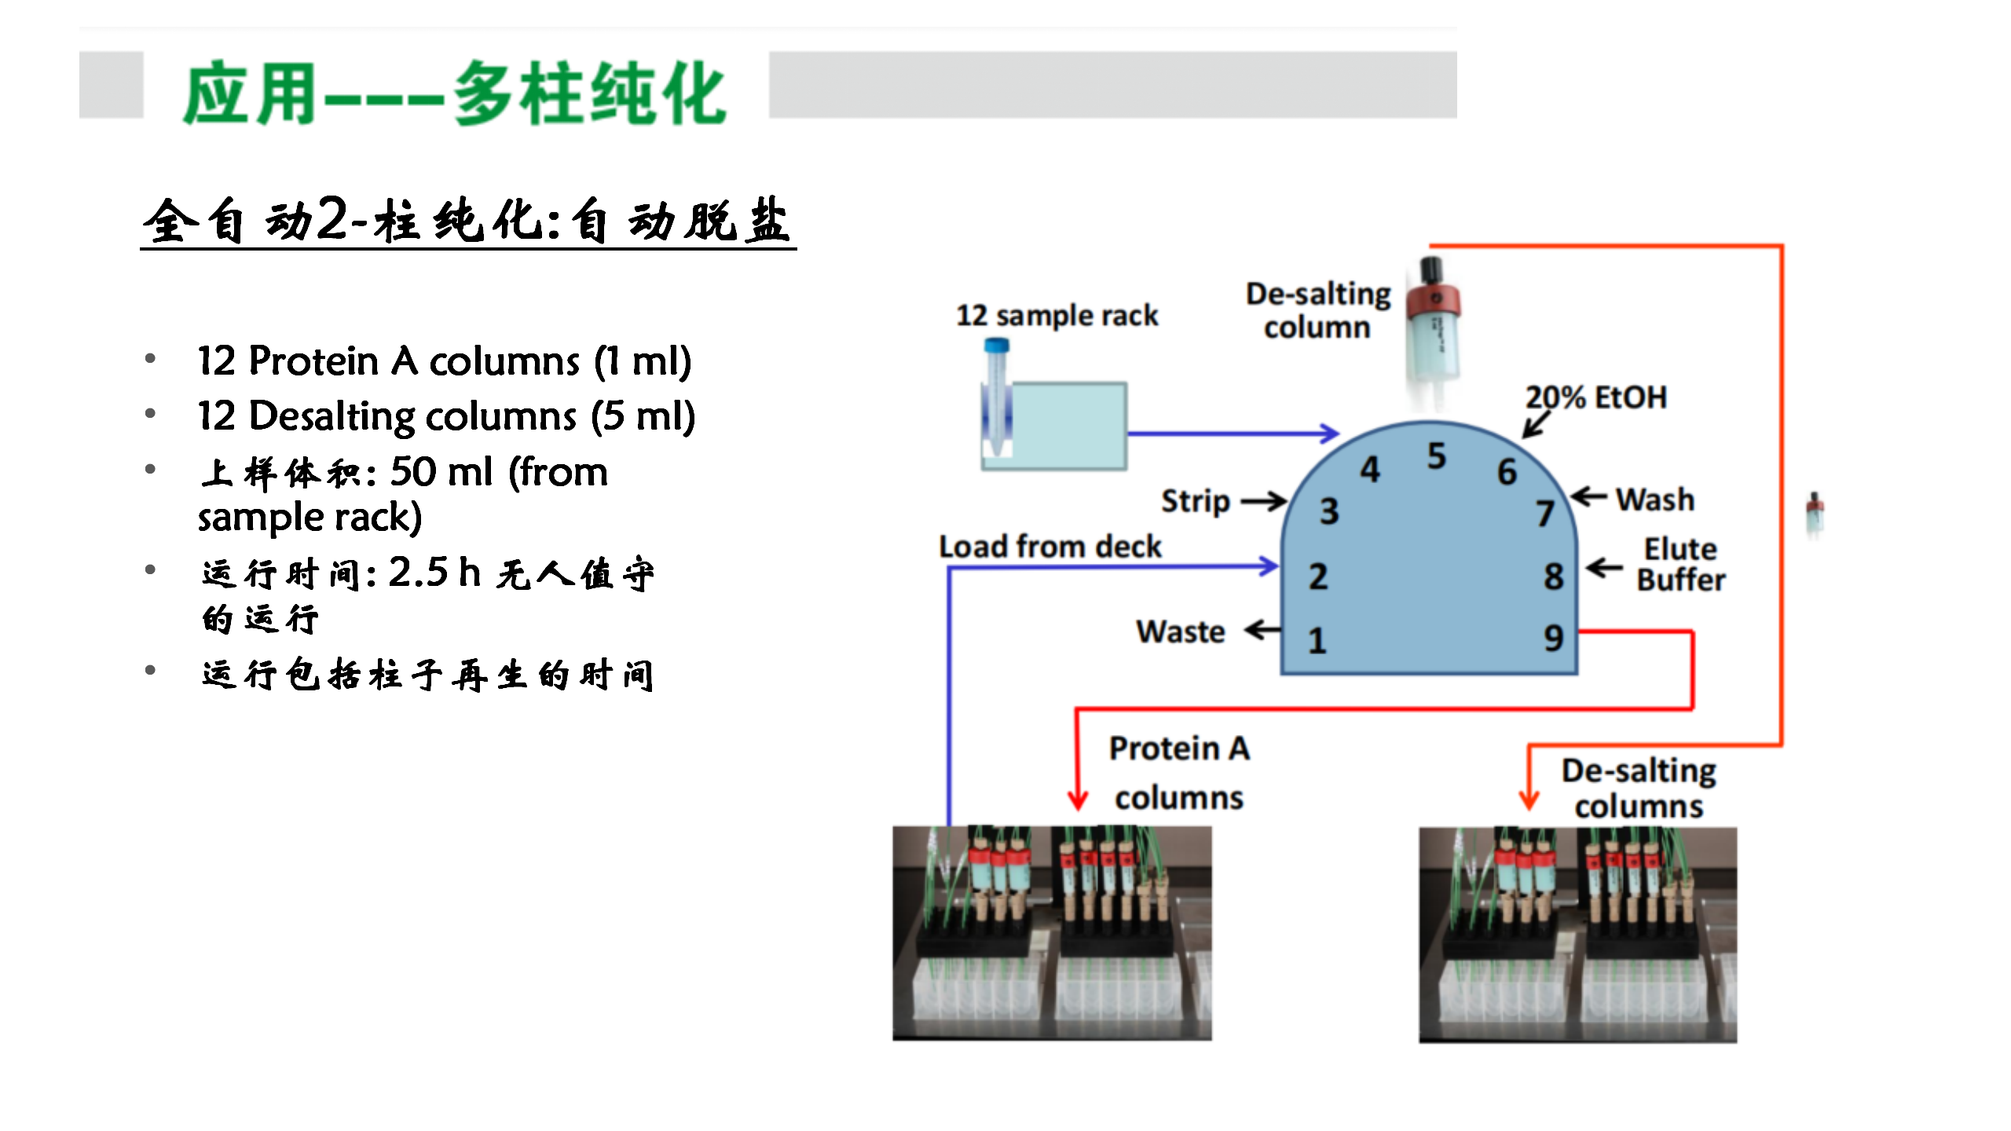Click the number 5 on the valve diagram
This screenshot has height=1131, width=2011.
(x=1436, y=456)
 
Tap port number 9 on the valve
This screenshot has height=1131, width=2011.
(x=1553, y=638)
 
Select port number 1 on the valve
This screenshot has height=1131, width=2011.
(x=1317, y=641)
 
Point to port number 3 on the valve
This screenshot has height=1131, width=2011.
(x=1329, y=511)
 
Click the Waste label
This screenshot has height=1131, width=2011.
(x=1180, y=631)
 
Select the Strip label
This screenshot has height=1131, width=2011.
(x=1195, y=501)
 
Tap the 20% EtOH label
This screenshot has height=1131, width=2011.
(x=1595, y=397)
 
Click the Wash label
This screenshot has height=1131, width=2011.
(x=1654, y=500)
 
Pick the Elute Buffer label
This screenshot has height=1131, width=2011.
(x=1680, y=564)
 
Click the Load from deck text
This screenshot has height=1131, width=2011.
(x=1049, y=547)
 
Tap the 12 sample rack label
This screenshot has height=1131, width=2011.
(x=1057, y=316)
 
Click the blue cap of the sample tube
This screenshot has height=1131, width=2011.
(x=997, y=345)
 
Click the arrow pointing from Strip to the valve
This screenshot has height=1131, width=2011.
(x=1263, y=501)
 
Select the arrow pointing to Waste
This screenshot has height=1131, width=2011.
(x=1262, y=630)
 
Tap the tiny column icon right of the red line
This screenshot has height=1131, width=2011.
(x=1815, y=514)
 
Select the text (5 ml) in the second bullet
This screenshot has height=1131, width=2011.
(x=643, y=416)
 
